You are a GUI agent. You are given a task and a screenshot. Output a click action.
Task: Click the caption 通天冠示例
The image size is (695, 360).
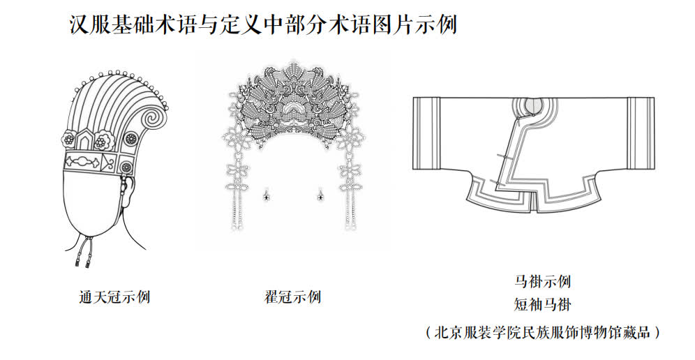pos(114,297)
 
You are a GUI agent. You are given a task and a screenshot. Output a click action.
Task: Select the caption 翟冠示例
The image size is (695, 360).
pos(292,297)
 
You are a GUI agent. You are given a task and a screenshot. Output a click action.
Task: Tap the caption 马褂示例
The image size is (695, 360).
pos(542,282)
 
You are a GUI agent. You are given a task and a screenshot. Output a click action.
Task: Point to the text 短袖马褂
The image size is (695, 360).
pos(542,304)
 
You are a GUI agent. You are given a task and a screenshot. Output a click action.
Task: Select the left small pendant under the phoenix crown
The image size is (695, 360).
pos(265,197)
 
